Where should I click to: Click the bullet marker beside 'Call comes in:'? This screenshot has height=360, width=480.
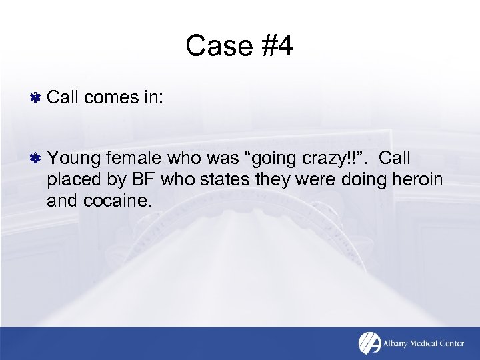point(37,99)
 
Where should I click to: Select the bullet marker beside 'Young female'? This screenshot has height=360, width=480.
point(37,158)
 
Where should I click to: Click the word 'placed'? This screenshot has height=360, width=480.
point(71,179)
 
